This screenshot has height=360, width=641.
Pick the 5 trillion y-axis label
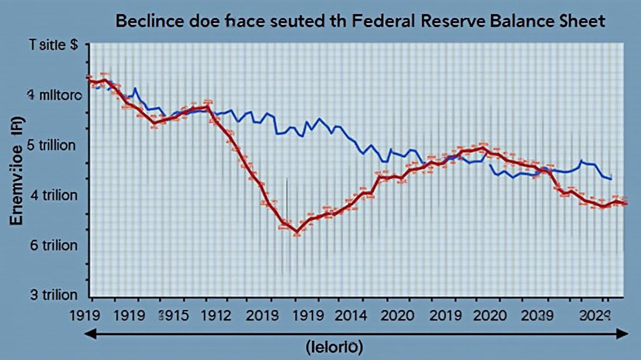[x=52, y=145]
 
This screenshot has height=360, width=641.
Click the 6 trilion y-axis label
[x=53, y=245]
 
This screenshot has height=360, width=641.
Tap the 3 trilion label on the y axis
[x=53, y=295]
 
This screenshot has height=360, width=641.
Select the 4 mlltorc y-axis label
[x=54, y=96]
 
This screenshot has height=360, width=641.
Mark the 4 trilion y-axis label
[x=53, y=195]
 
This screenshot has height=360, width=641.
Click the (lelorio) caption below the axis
[x=333, y=347]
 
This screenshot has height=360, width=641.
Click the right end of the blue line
[x=611, y=179]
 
